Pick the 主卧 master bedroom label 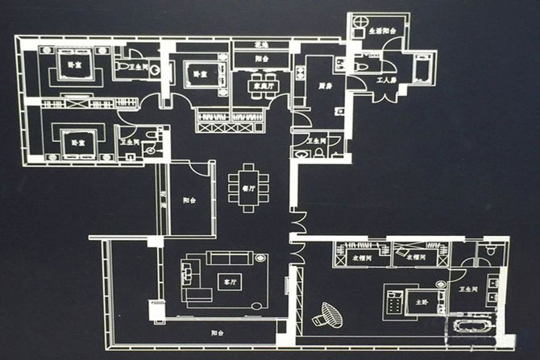tap(421, 302)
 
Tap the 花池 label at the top tap(260, 45)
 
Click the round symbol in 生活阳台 tap(358, 27)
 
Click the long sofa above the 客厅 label tap(229, 258)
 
